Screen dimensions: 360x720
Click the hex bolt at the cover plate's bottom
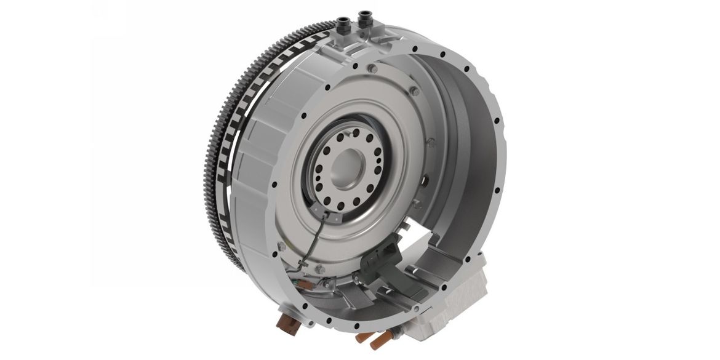coord(320,269)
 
